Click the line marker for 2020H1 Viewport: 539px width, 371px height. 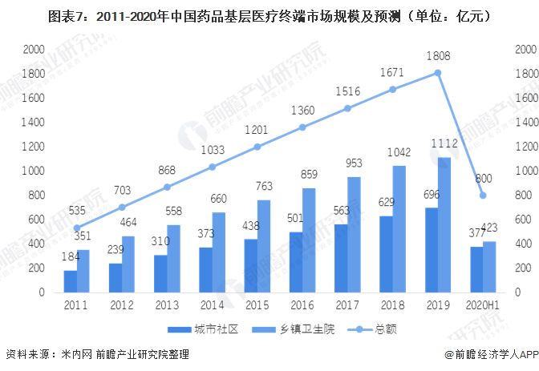[x=483, y=196]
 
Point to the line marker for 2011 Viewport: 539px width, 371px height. [x=76, y=228]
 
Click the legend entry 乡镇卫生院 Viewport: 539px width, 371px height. [x=286, y=329]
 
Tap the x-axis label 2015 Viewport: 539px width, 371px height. [x=257, y=305]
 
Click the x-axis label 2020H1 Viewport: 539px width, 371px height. [x=483, y=305]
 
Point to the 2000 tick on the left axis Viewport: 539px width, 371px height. [x=33, y=50]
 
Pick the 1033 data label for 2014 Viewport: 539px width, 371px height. [x=212, y=150]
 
